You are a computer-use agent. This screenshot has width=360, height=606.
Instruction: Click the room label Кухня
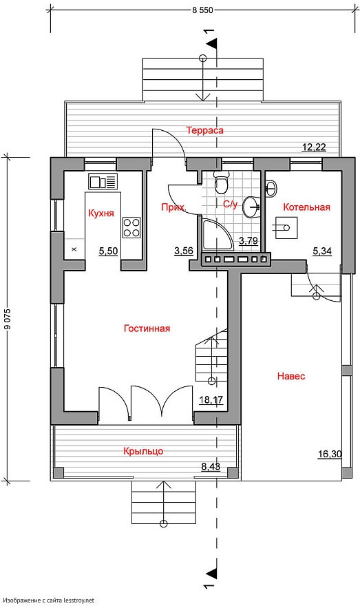pyautogui.click(x=101, y=213)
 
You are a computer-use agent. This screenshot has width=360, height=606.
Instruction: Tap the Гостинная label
pyautogui.click(x=147, y=328)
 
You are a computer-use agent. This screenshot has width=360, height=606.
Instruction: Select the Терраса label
pyautogui.click(x=205, y=130)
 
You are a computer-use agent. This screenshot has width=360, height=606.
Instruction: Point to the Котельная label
pyautogui.click(x=307, y=207)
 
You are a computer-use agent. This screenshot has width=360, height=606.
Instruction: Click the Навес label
pyautogui.click(x=291, y=376)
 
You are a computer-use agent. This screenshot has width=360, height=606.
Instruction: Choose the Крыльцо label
pyautogui.click(x=143, y=451)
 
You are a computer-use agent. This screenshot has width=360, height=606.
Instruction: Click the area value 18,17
pyautogui.click(x=211, y=399)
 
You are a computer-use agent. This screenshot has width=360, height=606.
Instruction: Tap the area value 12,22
pyautogui.click(x=314, y=147)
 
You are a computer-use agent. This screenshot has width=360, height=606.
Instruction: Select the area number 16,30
pyautogui.click(x=330, y=454)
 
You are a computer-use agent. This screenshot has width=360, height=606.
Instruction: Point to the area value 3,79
pyautogui.click(x=248, y=241)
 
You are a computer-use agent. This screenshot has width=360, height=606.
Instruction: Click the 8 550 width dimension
pyautogui.click(x=203, y=10)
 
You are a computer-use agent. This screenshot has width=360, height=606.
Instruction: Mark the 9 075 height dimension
pyautogui.click(x=7, y=319)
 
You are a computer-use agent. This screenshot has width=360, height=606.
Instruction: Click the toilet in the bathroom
pyautogui.click(x=222, y=182)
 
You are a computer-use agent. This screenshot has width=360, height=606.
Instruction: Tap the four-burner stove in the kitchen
pyautogui.click(x=131, y=228)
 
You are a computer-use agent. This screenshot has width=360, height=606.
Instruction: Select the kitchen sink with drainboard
pyautogui.click(x=103, y=182)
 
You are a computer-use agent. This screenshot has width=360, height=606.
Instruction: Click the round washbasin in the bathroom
pyautogui.click(x=252, y=207)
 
